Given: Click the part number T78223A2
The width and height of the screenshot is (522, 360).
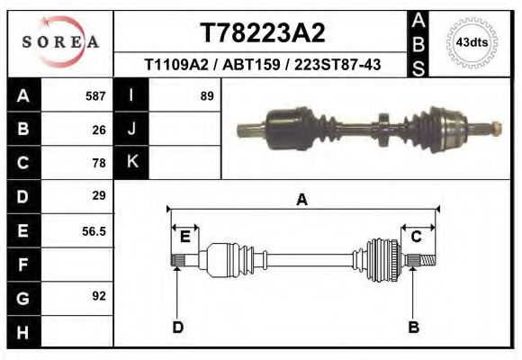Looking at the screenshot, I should [261, 33].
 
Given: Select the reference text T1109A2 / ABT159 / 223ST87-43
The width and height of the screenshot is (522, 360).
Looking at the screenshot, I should [261, 65].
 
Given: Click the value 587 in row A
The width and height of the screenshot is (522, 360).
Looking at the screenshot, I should [95, 95].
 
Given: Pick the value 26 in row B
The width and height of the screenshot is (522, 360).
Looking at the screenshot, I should [99, 130].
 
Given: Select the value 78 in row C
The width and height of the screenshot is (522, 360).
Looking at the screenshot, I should [99, 164].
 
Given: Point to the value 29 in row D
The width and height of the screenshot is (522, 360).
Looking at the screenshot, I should [99, 195].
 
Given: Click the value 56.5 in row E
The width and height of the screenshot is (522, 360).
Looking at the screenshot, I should [94, 231].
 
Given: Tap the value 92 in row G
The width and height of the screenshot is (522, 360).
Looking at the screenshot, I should [99, 295].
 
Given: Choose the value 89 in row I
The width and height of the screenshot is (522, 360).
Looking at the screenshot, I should [206, 95].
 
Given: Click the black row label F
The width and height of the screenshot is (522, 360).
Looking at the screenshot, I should [22, 265].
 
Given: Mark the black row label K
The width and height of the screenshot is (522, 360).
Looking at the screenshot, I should [132, 162].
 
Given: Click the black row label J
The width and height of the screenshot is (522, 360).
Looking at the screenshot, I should [132, 129].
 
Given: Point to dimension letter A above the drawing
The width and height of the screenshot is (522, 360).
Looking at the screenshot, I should [302, 200].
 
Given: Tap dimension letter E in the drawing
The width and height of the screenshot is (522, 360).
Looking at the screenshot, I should [184, 237].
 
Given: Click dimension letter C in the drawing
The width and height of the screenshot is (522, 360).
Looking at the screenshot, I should [417, 237].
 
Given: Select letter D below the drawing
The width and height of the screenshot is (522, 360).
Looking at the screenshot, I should [177, 327].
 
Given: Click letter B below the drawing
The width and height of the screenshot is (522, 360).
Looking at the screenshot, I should [414, 327].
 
